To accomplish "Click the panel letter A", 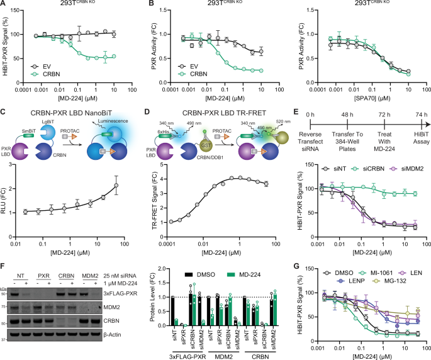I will [4, 5].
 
